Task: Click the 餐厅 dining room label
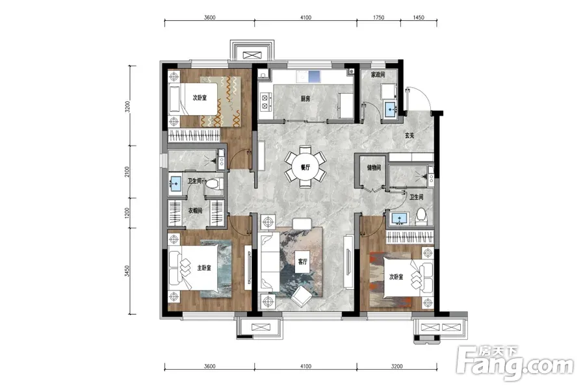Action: pos(305,168)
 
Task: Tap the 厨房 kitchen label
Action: pos(305,99)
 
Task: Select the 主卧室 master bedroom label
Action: pos(204,268)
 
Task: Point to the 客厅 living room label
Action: pos(302,261)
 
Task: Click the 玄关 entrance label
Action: pos(409,135)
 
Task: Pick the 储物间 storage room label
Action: pos(374,168)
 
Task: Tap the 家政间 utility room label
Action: pos(378,75)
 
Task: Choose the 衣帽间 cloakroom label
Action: pos(195,211)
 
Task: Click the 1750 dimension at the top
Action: pos(378,17)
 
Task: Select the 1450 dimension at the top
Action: pos(419,17)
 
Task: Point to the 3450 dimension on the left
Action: pos(127,271)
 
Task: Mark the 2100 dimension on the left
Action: pos(127,172)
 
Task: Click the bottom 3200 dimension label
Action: pos(396,366)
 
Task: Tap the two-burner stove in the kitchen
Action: pos(265,102)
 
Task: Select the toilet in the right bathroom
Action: pos(421,217)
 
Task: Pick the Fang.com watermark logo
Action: pos(515,362)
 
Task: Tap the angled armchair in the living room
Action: pos(302,297)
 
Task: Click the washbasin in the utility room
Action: pos(391,109)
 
